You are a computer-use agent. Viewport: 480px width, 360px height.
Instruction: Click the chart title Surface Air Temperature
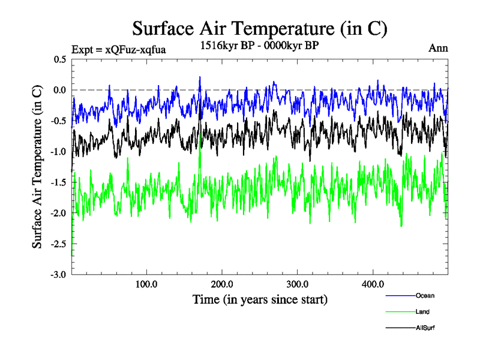click(259, 28)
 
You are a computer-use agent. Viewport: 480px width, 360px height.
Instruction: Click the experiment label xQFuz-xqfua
click(118, 49)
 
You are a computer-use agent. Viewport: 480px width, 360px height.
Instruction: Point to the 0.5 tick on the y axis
click(60, 59)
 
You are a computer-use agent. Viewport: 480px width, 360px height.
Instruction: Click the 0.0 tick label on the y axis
click(60, 90)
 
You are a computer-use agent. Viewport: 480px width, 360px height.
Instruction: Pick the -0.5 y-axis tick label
click(59, 121)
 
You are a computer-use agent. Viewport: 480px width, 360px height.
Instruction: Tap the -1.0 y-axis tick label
click(59, 152)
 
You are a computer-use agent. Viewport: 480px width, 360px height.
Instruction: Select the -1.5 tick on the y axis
click(59, 182)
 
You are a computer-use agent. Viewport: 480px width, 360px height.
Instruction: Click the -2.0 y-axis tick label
click(59, 213)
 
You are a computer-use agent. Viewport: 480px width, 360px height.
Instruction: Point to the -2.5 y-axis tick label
click(59, 244)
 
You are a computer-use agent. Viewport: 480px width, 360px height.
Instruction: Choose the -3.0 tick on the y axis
click(59, 274)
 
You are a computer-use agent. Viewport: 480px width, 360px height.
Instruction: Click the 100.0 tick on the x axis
click(146, 284)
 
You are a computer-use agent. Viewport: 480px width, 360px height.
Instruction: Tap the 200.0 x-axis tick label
click(222, 284)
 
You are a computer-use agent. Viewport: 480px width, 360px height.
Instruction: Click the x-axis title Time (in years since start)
click(260, 299)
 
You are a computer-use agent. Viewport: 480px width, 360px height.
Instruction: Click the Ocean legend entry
click(424, 295)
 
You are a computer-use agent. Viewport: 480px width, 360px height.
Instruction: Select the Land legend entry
click(422, 312)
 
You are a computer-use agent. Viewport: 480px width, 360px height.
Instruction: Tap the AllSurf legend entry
click(424, 328)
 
